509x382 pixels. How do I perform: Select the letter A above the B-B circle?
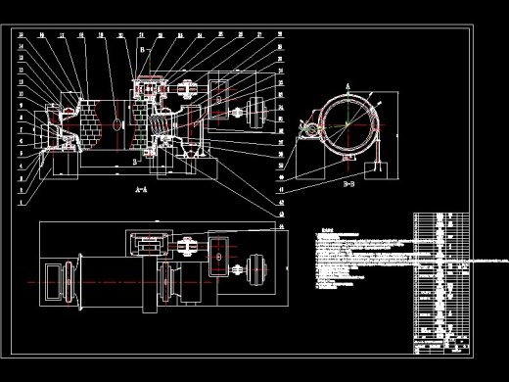click(347, 87)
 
